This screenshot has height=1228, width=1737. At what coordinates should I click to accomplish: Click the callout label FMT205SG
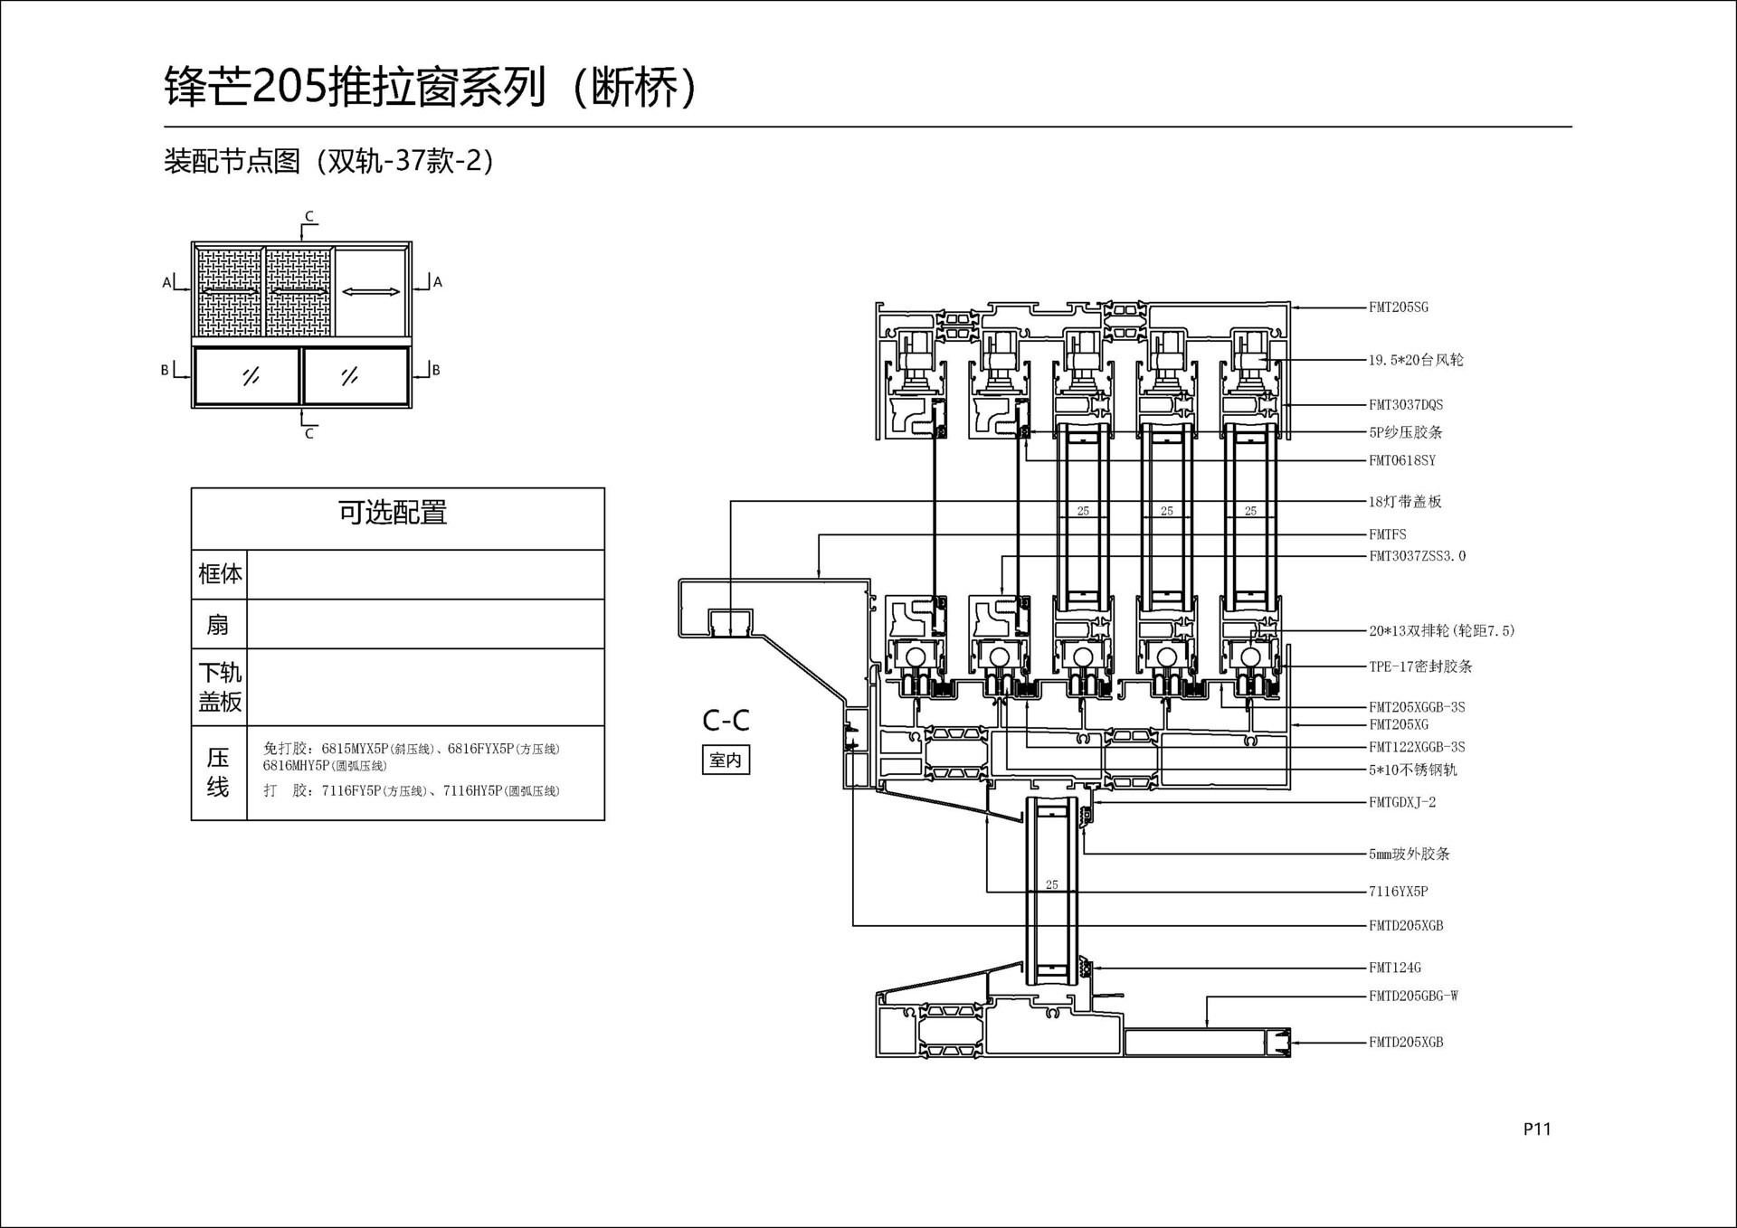pos(1398,307)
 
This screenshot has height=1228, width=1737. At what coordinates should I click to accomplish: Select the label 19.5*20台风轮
pos(1415,360)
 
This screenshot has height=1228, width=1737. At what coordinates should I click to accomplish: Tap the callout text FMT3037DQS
pos(1405,405)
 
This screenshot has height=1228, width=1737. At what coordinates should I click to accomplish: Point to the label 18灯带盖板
pos(1404,502)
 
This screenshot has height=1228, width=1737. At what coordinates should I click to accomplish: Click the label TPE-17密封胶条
pos(1419,666)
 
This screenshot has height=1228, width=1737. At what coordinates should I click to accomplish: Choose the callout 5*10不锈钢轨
pos(1412,770)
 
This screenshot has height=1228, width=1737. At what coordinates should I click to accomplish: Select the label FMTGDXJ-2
pos(1401,802)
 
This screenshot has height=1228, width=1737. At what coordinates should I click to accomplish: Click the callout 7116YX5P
pos(1398,892)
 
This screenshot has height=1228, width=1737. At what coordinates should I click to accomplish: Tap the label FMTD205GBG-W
pos(1412,997)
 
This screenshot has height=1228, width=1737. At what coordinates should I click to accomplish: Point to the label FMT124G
pos(1394,968)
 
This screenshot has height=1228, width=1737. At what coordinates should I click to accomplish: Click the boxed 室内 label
pos(726,760)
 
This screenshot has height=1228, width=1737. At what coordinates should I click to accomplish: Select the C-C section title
pos(726,721)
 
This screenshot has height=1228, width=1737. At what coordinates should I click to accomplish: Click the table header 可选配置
pos(393,513)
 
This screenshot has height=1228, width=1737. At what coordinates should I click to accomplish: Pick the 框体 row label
pos(220,573)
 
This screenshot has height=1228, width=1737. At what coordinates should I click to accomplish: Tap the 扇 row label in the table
pos(218,625)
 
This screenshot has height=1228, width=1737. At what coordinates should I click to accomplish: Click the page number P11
pos(1537,1129)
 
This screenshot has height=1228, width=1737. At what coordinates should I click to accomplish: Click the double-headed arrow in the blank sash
pos(371,291)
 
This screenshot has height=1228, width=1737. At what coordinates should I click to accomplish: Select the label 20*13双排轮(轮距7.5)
pos(1441,631)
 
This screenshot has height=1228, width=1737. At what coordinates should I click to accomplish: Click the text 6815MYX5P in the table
pos(354,749)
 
